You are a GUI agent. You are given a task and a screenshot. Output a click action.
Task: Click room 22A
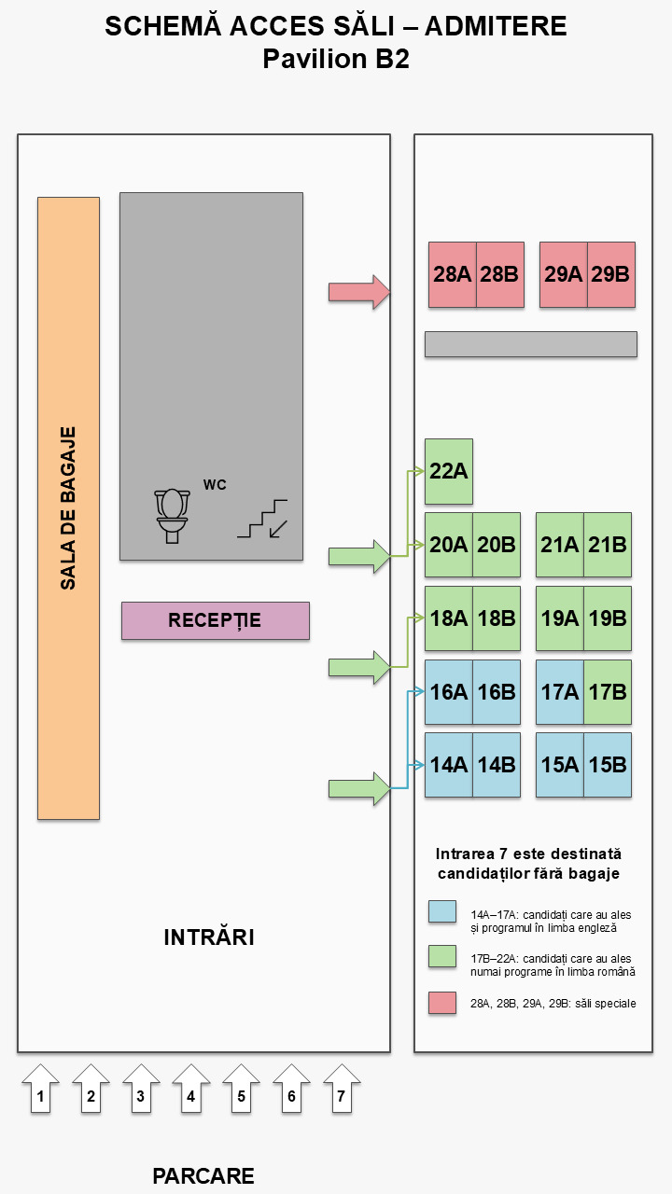(x=449, y=471)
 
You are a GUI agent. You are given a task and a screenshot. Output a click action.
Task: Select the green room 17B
(x=608, y=692)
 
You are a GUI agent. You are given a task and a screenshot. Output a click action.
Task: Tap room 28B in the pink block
(x=499, y=274)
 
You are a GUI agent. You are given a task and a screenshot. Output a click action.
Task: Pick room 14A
(x=449, y=765)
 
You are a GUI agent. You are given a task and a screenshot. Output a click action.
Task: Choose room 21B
(x=608, y=545)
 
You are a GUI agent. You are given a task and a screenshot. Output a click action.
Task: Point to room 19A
(x=560, y=618)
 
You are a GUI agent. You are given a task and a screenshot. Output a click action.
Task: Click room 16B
(x=496, y=692)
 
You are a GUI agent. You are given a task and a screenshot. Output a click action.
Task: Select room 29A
(x=564, y=274)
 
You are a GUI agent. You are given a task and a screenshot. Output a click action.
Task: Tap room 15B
(x=608, y=765)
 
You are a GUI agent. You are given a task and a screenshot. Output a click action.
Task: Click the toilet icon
(x=172, y=516)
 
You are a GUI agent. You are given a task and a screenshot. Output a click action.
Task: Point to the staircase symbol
(x=262, y=518)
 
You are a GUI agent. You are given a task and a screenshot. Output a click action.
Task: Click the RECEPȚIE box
(x=216, y=620)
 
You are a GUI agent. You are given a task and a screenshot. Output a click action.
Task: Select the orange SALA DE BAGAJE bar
(x=68, y=508)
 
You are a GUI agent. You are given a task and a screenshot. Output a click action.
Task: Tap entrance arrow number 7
(x=342, y=1089)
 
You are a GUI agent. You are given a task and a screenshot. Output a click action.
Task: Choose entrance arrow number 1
(x=40, y=1089)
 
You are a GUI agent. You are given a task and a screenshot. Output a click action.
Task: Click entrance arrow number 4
(x=191, y=1089)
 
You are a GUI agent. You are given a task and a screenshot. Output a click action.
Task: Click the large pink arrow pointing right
(x=359, y=292)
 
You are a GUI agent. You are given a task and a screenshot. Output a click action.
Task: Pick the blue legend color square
(x=442, y=911)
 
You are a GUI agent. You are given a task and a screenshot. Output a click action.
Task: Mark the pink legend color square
(x=442, y=1003)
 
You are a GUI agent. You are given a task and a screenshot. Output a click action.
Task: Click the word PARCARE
(x=203, y=1176)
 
